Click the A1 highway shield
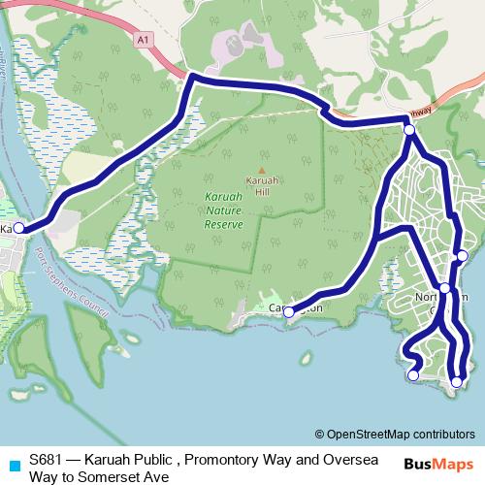(145, 40)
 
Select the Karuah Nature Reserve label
(230, 210)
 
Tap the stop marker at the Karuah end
(18, 229)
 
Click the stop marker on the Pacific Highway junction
(409, 129)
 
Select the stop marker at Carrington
(288, 312)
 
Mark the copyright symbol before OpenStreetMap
(320, 434)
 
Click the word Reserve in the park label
(224, 223)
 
